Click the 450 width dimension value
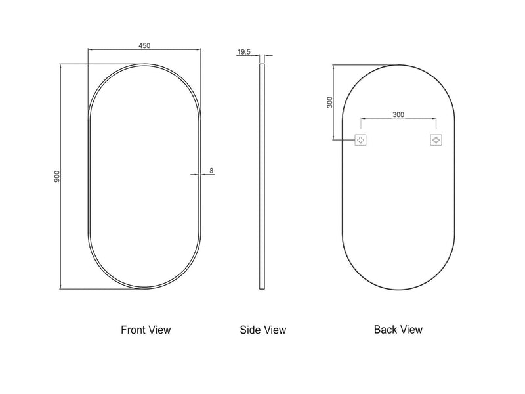coord(144,45)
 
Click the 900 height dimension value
coord(57,177)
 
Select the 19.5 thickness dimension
coord(243,52)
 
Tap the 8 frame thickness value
coord(211,171)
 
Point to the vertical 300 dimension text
coord(330,102)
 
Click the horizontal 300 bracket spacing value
coord(398,114)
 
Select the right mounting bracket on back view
coord(436,140)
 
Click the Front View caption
coord(146,330)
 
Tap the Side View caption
coord(263,330)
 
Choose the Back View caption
coord(398,330)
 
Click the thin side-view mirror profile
coord(263,177)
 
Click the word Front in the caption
coord(133,330)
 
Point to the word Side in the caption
coord(251,330)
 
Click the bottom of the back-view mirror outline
coord(399,289)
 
